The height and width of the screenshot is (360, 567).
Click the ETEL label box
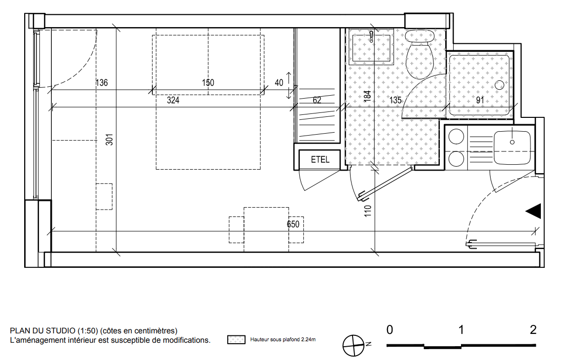pyautogui.click(x=319, y=160)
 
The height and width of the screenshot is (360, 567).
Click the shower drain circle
pyautogui.click(x=499, y=85)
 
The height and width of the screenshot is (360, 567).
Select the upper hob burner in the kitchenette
pyautogui.click(x=456, y=137)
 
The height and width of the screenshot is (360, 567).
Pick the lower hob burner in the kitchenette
pyautogui.click(x=456, y=159)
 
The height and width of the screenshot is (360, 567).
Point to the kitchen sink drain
pyautogui.click(x=512, y=142)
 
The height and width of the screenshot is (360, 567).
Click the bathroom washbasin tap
pyautogui.click(x=371, y=36)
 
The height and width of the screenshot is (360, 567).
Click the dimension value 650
pyautogui.click(x=293, y=224)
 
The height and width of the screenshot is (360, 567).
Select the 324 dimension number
pyautogui.click(x=173, y=100)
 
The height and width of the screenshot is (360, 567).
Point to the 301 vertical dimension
pyautogui.click(x=109, y=140)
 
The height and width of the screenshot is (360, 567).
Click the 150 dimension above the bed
pyautogui.click(x=208, y=83)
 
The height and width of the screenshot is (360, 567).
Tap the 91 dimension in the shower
pyautogui.click(x=480, y=100)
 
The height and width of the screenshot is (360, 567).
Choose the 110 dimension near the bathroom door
pyautogui.click(x=368, y=211)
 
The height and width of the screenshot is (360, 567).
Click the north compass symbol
pyautogui.click(x=354, y=346)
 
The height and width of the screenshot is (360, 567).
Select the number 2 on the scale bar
pyautogui.click(x=533, y=329)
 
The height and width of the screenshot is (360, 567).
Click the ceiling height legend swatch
pyautogui.click(x=237, y=339)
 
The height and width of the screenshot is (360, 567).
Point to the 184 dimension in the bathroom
pyautogui.click(x=368, y=96)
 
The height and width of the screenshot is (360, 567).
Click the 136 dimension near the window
pyautogui.click(x=102, y=83)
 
